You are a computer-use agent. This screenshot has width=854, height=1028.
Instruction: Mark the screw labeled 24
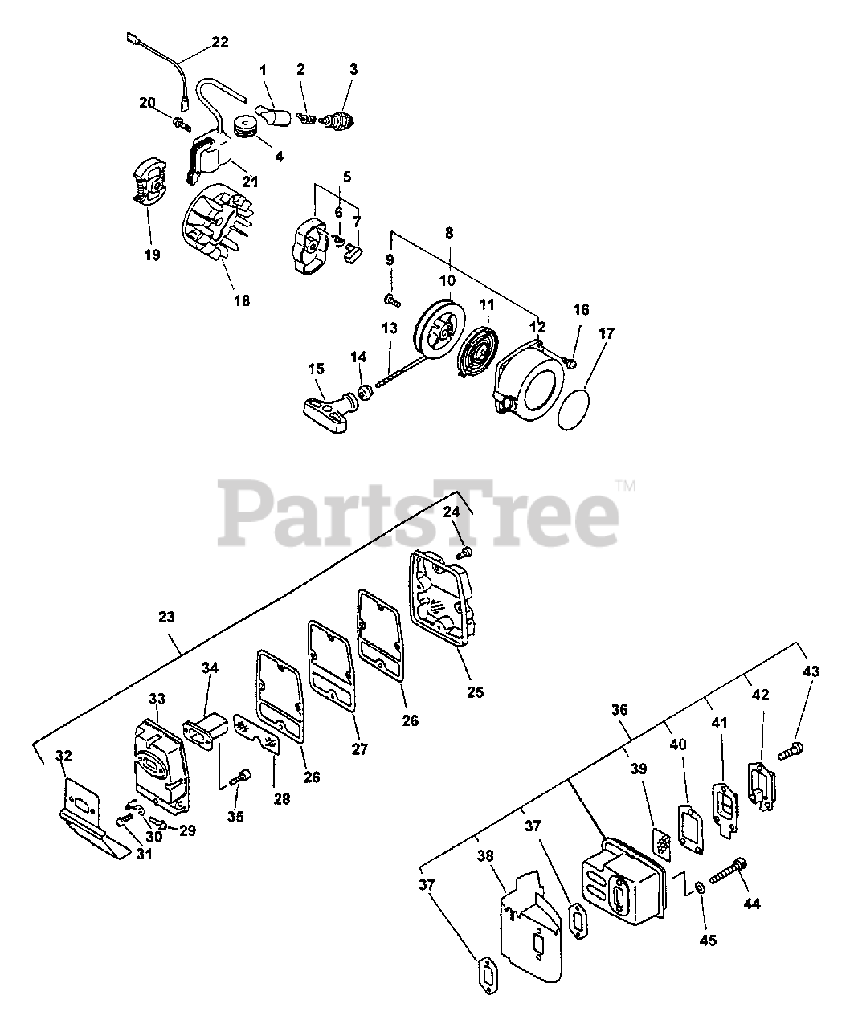pyautogui.click(x=465, y=552)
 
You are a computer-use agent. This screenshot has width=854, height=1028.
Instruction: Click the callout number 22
pyautogui.click(x=198, y=43)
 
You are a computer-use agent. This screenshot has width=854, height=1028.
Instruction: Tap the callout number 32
pyautogui.click(x=63, y=756)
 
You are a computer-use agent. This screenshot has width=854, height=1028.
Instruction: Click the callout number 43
pyautogui.click(x=811, y=671)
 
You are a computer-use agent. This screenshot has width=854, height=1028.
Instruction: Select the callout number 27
pyautogui.click(x=359, y=749)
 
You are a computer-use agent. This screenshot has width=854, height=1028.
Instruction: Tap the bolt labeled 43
pyautogui.click(x=791, y=752)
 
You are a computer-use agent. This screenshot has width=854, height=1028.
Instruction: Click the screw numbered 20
pyautogui.click(x=180, y=121)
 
